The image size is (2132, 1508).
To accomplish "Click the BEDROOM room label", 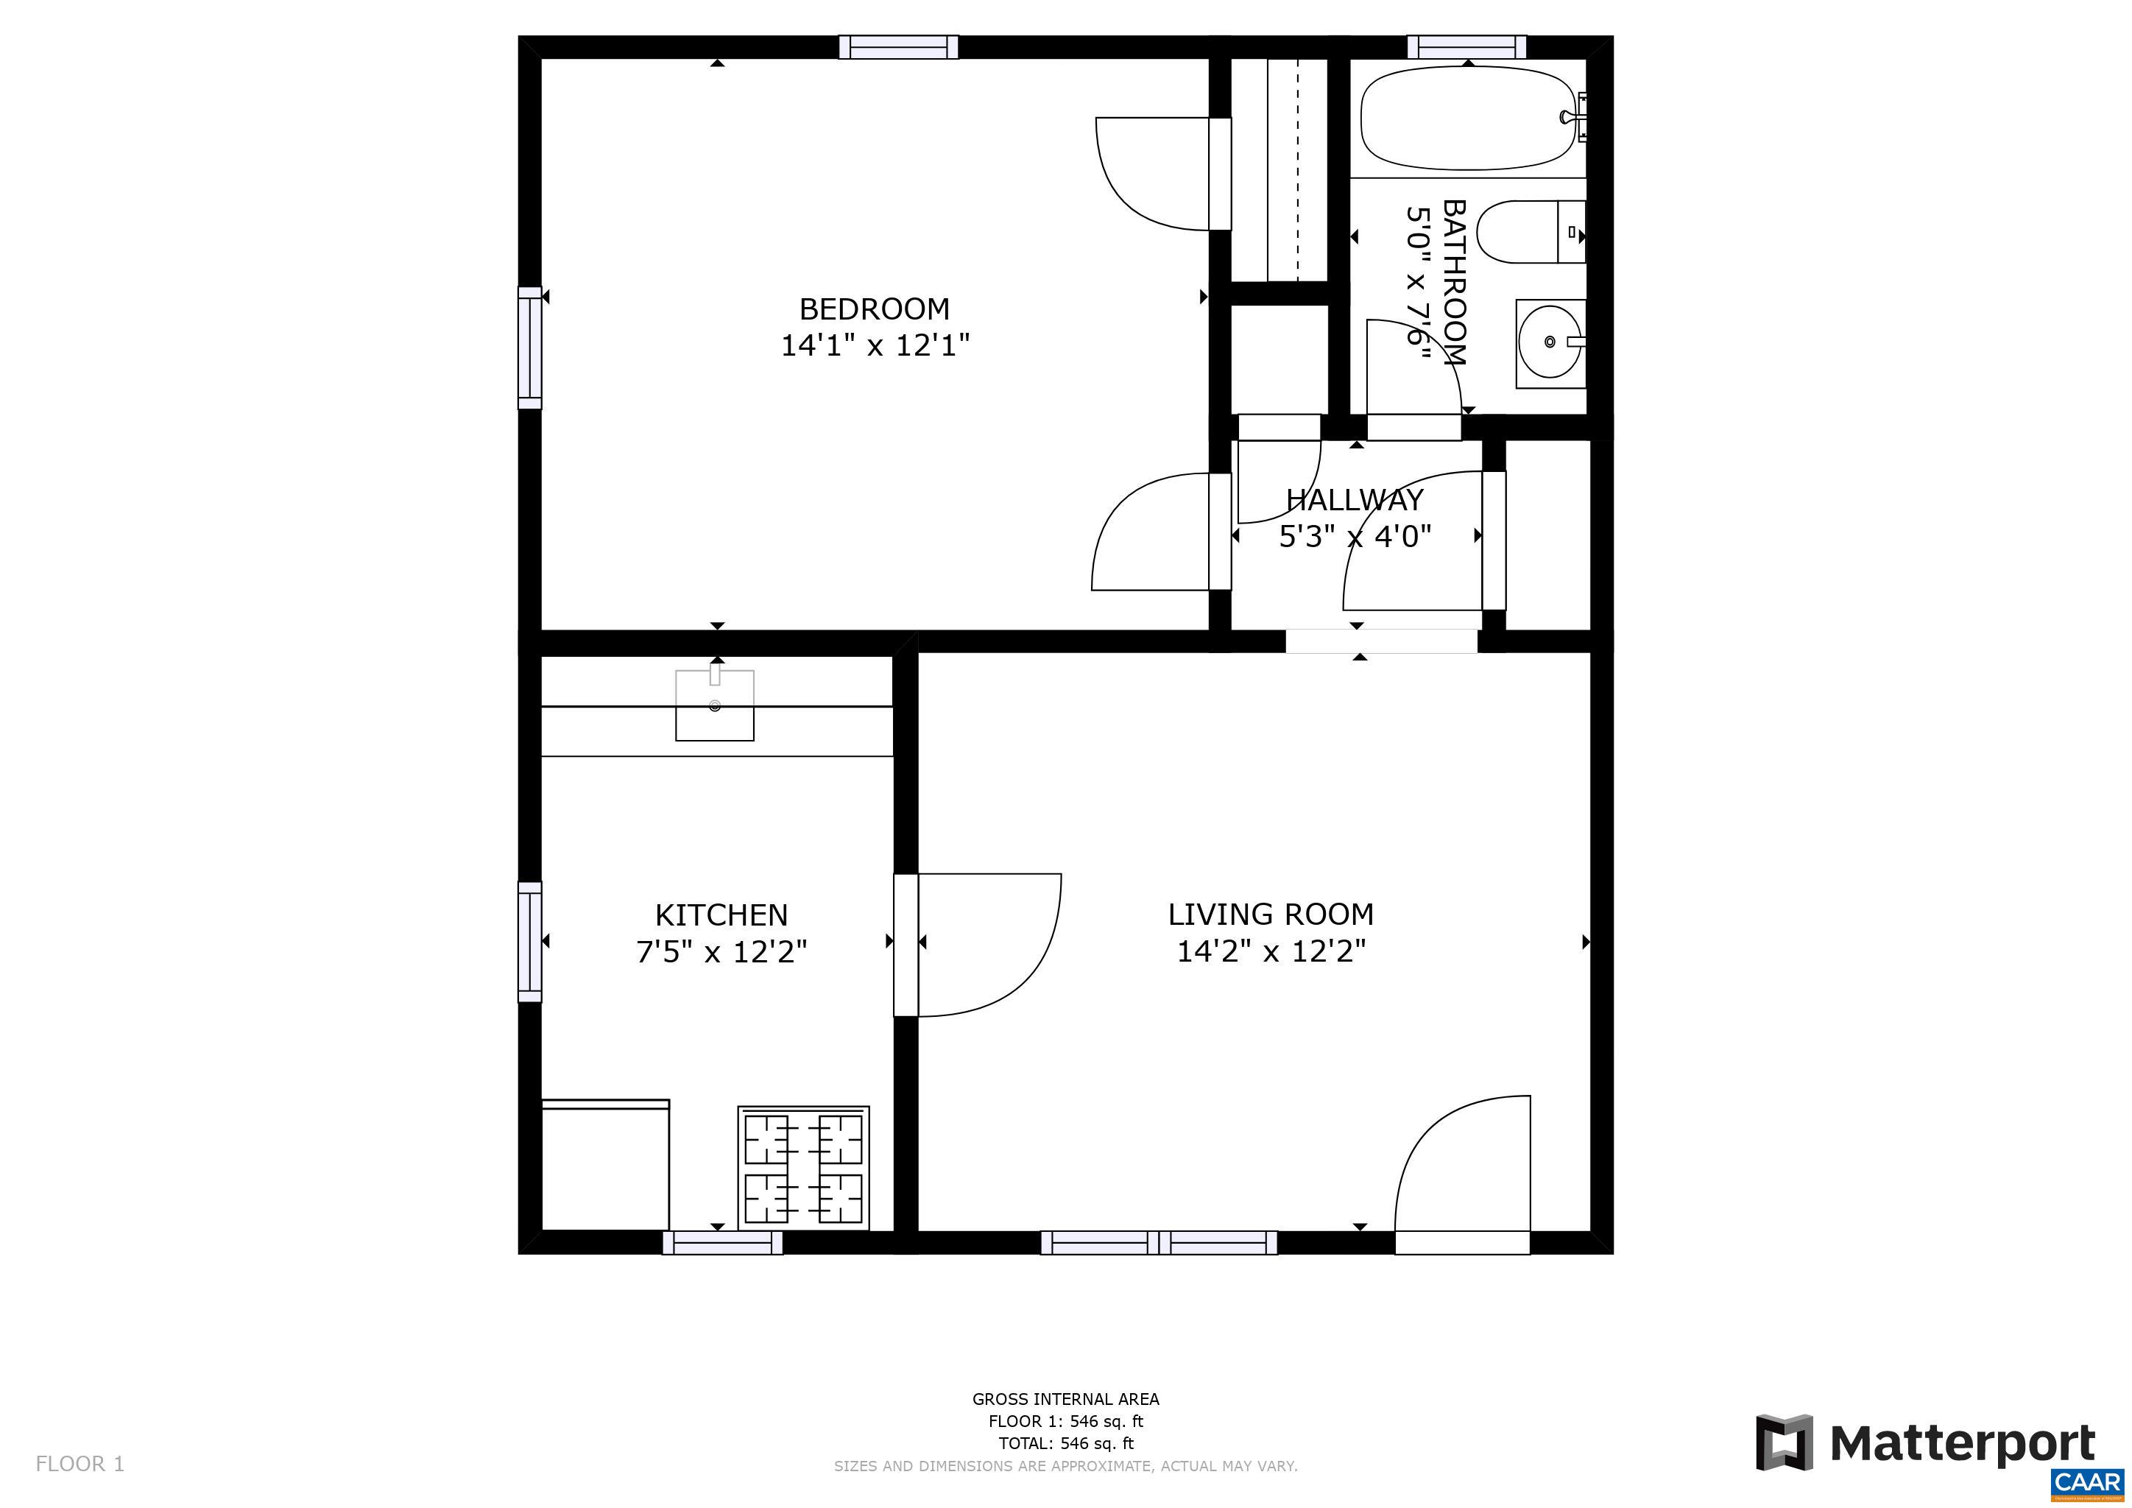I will pos(874,309).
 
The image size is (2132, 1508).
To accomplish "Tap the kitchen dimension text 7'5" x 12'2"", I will pos(721,952).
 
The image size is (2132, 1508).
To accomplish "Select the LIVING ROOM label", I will pos(1270,914).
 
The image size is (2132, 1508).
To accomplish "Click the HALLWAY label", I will pos(1354,499).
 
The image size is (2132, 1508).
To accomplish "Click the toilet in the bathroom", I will pos(1528,232).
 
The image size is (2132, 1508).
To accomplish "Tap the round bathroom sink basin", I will pos(1549,342).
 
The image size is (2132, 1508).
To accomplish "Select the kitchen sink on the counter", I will pos(714,705).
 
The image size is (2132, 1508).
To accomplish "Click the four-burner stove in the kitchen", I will pos(803,1167).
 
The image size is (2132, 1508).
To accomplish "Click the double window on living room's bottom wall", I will pos(1158,1242).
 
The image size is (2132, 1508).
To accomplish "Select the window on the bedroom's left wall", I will pos(529,348).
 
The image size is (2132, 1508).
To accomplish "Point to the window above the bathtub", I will pos(1466,46).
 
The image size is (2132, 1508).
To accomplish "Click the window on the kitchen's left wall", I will pos(529,942).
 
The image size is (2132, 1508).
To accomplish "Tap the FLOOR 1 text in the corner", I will pos(80,1465).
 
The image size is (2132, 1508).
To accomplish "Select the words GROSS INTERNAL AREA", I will pos(1065,1398).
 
